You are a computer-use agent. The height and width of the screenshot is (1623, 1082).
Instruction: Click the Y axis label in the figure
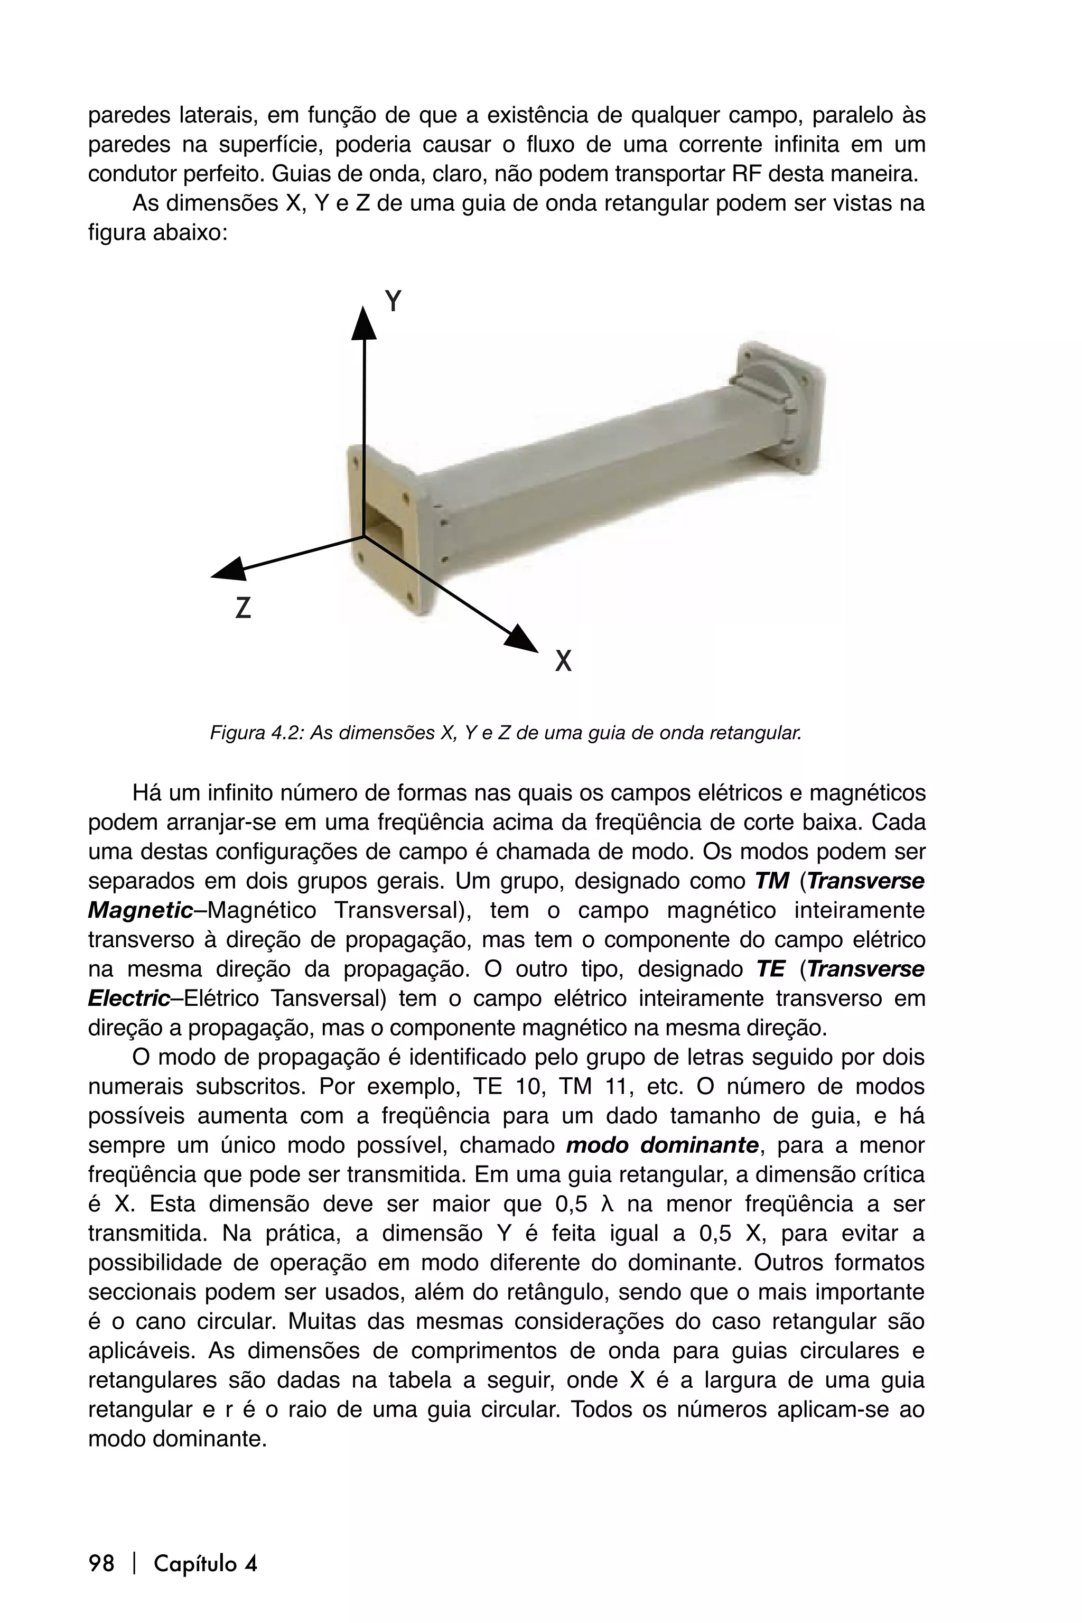click(393, 302)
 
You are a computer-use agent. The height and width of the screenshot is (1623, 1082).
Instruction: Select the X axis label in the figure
click(564, 662)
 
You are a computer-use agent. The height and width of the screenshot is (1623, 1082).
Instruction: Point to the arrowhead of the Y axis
click(363, 323)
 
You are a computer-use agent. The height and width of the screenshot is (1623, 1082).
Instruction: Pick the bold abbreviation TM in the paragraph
click(771, 881)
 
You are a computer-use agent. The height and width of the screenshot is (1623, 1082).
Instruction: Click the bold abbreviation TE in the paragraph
click(770, 969)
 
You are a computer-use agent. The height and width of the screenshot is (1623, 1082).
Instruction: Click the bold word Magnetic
click(140, 911)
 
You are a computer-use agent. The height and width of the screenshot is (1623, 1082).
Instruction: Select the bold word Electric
click(129, 999)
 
